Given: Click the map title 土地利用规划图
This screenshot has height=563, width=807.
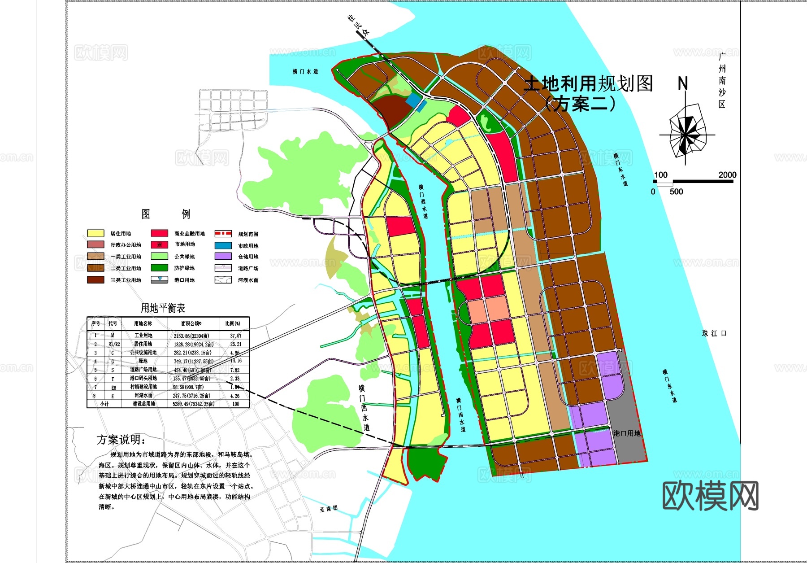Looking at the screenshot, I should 588,84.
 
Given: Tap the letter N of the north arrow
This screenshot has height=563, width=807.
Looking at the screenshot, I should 682,83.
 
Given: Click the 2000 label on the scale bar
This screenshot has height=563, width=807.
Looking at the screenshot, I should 727,175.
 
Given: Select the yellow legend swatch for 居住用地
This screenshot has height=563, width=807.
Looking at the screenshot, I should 95,233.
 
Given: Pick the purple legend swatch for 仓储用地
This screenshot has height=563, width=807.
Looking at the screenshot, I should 223,257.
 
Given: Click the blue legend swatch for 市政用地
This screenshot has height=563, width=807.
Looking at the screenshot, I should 223,245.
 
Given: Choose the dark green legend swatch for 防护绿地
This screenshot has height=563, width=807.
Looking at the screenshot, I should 159,268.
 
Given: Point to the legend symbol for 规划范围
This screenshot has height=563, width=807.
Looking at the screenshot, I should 223,234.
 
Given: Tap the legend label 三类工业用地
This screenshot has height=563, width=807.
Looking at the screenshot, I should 126,280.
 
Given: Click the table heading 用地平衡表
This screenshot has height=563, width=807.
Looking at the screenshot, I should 163,308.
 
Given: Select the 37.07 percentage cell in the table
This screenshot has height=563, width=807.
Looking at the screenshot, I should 235,336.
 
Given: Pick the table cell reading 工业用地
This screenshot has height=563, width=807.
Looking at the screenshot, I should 143,336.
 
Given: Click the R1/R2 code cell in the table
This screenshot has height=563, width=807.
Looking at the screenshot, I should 114,344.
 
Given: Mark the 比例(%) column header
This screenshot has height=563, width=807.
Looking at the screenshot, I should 232,323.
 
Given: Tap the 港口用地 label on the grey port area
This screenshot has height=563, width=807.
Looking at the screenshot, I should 627,433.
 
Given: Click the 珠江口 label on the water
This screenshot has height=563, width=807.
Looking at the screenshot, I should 714,333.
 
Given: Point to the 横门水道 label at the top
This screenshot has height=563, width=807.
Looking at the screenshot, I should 305,72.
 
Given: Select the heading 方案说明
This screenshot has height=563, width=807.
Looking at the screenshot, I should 121,440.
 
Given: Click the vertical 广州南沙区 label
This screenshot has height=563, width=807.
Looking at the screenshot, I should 722,81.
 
